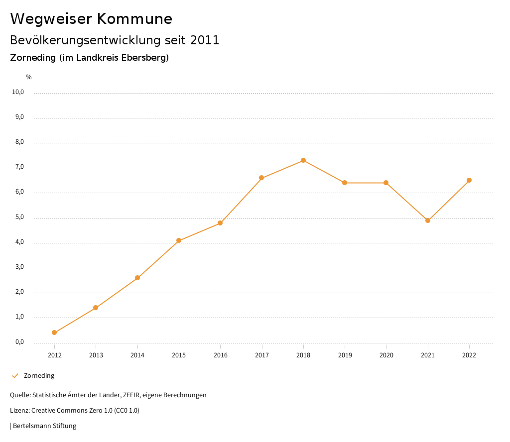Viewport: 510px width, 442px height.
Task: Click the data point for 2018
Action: pyautogui.click(x=303, y=160)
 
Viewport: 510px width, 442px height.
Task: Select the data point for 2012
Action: pyautogui.click(x=54, y=332)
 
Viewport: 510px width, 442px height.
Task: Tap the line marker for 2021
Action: pyautogui.click(x=427, y=221)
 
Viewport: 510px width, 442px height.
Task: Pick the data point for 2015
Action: pyautogui.click(x=179, y=240)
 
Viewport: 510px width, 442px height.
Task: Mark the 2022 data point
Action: pyautogui.click(x=469, y=180)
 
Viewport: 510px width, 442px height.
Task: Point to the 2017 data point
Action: pyautogui.click(x=261, y=178)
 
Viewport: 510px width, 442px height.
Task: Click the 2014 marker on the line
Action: pyautogui.click(x=137, y=278)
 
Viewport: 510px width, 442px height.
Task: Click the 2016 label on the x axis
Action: pyautogui.click(x=220, y=355)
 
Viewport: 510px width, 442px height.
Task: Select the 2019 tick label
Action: pyautogui.click(x=345, y=355)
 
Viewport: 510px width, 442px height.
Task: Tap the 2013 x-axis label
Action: pyautogui.click(x=96, y=355)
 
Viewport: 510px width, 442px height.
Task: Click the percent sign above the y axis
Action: pyautogui.click(x=29, y=77)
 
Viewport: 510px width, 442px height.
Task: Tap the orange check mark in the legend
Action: pyautogui.click(x=15, y=376)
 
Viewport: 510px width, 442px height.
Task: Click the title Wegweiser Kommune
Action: pyautogui.click(x=91, y=19)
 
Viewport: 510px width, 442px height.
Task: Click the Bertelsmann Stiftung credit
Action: pyautogui.click(x=44, y=426)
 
